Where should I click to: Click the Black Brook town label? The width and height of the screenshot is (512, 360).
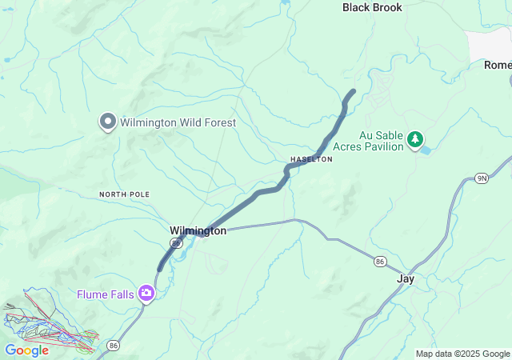coord(372,7)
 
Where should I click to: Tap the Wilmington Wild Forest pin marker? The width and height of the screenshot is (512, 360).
coord(108,122)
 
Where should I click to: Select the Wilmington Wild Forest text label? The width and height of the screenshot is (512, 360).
coord(178,123)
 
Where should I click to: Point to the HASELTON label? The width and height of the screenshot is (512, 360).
coord(311,159)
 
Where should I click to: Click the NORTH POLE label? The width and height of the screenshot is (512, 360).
coord(125,194)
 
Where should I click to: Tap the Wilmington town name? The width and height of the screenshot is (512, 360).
coord(198,230)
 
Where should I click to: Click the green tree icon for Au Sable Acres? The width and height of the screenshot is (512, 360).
coord(415,140)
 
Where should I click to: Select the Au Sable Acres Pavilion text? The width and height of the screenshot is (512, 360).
coord(369,142)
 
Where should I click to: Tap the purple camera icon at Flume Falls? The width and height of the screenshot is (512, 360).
coord(146,294)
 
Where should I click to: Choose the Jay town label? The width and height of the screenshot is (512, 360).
coord(406,279)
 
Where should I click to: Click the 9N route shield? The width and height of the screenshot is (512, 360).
coord(481,178)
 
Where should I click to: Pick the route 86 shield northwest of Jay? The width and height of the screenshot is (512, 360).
coord(380,261)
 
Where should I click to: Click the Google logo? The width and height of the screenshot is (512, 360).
coord(26,350)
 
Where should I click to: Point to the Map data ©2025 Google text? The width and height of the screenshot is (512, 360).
coord(462,354)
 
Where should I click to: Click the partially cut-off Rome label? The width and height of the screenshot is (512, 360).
coord(497,66)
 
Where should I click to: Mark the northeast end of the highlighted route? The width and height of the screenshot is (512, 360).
coord(353,91)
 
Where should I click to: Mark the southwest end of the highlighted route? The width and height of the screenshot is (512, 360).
coord(160,268)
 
